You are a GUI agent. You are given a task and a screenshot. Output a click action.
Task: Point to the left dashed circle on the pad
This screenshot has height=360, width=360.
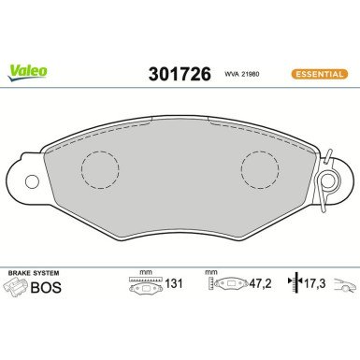[x=98, y=169]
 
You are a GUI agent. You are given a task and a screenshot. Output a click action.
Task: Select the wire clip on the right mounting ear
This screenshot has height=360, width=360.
[x=326, y=181]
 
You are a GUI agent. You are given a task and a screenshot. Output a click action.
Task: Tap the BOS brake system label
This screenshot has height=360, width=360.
[x=51, y=287]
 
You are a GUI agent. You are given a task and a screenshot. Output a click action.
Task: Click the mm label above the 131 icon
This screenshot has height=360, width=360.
[x=144, y=271]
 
